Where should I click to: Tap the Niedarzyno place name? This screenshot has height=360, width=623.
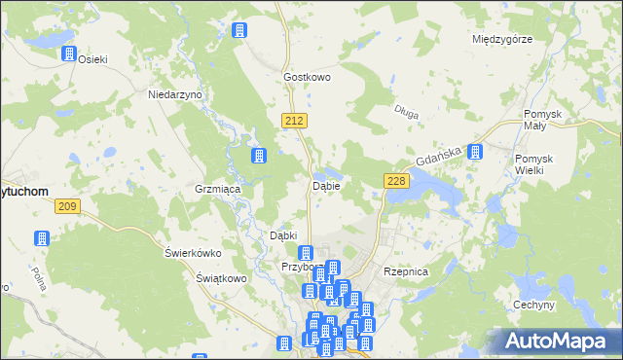(173, 95)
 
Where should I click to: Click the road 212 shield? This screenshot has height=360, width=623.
(297, 120)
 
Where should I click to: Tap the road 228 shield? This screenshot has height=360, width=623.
(395, 181)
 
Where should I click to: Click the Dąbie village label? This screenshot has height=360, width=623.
(325, 186)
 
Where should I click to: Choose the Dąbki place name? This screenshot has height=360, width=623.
(282, 236)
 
